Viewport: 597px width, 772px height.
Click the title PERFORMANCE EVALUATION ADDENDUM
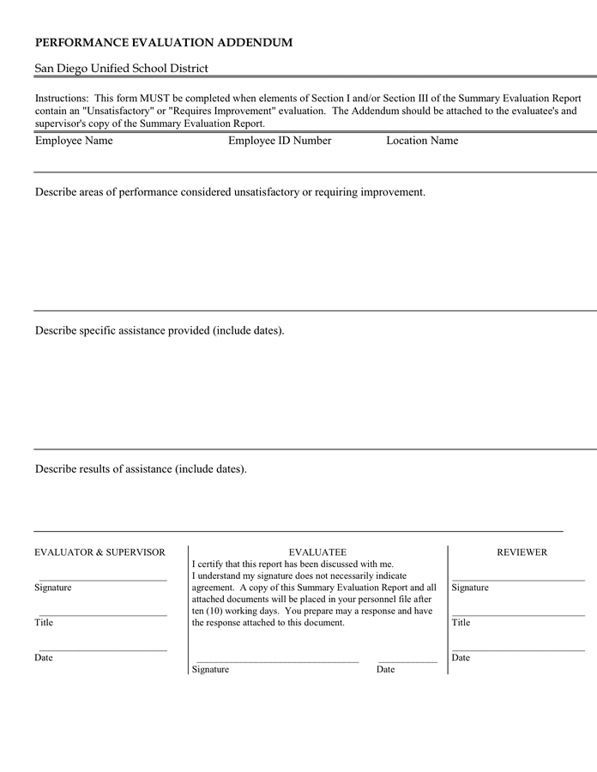[164, 42]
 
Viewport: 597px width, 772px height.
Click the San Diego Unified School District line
[121, 69]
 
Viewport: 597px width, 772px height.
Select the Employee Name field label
[74, 141]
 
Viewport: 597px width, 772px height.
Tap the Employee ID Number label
[280, 141]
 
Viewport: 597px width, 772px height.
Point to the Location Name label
[422, 141]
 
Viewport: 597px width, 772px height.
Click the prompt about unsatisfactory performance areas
[230, 192]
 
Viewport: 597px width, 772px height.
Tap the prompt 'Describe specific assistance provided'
[160, 330]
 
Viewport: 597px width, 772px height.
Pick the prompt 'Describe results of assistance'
[141, 469]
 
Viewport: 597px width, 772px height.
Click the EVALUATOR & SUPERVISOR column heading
[99, 552]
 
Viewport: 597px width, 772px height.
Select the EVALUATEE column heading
[317, 552]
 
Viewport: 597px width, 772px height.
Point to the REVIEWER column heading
[522, 552]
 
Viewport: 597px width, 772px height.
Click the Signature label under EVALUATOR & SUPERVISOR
[53, 588]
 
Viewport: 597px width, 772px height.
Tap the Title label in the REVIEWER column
[461, 623]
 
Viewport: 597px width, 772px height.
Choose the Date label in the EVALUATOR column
[44, 658]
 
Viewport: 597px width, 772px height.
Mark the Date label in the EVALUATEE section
[385, 669]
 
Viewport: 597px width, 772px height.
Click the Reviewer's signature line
[518, 580]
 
